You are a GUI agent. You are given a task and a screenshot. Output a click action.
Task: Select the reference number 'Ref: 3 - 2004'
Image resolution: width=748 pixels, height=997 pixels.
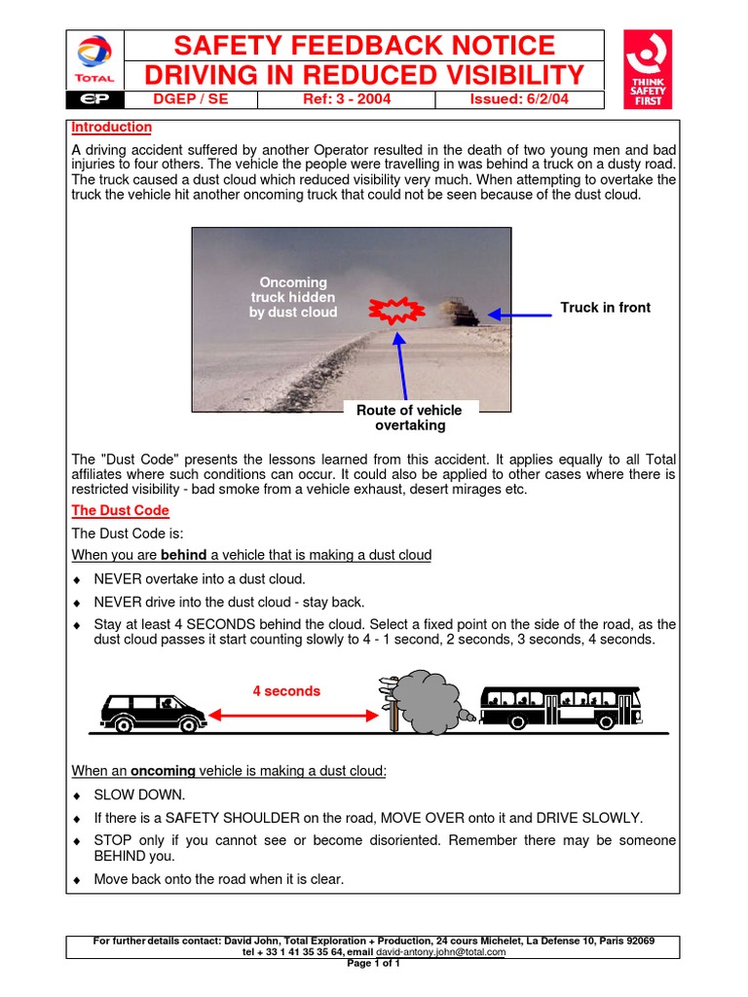[346, 99]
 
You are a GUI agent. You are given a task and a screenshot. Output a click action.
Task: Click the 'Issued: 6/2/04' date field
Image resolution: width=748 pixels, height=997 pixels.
[519, 99]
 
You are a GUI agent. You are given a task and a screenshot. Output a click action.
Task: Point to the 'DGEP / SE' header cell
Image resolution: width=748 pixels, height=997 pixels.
[192, 99]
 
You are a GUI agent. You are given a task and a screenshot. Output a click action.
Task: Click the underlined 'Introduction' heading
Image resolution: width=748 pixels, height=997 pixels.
[112, 127]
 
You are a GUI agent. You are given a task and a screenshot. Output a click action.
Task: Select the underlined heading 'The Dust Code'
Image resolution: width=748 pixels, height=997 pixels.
[121, 510]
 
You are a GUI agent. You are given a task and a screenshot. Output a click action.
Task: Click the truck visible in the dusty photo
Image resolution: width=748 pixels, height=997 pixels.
[457, 312]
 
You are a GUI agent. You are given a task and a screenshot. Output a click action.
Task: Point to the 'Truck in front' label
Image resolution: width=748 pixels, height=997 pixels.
[605, 308]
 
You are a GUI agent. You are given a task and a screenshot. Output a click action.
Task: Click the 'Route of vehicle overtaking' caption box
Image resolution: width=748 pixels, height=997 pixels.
[410, 417]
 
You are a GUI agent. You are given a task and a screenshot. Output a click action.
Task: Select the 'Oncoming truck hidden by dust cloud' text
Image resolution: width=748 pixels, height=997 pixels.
[292, 297]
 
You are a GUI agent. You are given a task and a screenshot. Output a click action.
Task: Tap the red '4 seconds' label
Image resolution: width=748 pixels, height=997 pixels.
[286, 690]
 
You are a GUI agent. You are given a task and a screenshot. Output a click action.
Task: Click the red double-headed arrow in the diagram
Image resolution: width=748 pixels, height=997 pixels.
[292, 716]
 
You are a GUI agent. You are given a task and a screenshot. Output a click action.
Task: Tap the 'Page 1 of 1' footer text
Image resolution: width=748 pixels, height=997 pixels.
[374, 963]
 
